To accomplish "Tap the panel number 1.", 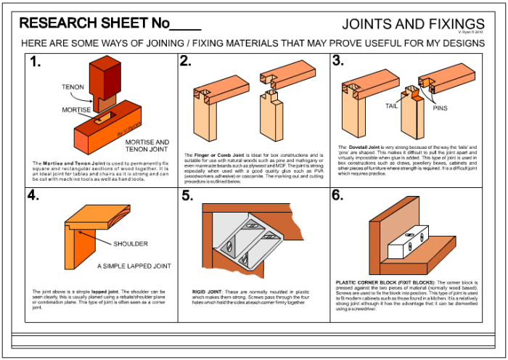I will tap(35, 62).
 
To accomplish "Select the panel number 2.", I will tap(186, 62).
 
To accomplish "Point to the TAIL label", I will tap(391, 106).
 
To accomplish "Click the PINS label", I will tap(441, 109).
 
